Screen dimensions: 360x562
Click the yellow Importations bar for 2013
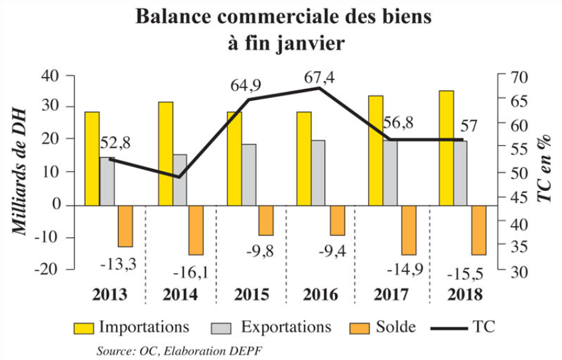[x=92, y=158]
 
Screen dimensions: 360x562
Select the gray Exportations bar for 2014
[x=180, y=180]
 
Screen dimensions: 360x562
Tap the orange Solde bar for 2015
[x=266, y=220]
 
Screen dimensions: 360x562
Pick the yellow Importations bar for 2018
[x=447, y=148]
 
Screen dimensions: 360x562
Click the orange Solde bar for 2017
[x=409, y=229]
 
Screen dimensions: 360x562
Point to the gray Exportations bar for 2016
[x=318, y=172]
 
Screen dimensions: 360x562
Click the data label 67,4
[x=319, y=77]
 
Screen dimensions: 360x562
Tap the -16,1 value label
[x=191, y=272]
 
